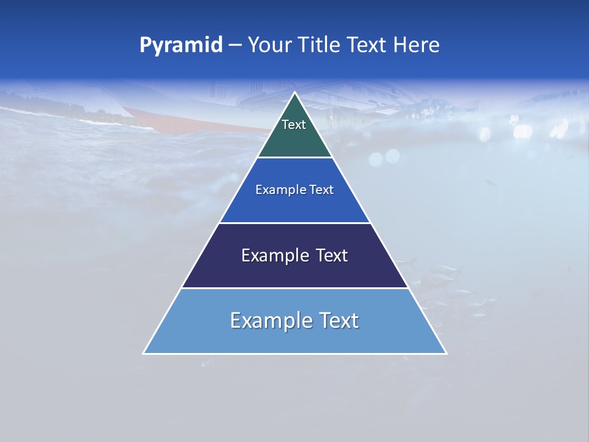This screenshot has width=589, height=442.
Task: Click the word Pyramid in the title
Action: point(181,45)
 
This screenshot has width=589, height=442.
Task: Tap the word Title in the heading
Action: point(323,45)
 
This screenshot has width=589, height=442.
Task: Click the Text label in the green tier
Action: point(294,125)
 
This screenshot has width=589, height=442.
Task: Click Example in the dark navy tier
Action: point(272,255)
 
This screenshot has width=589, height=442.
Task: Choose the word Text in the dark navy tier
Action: point(332,255)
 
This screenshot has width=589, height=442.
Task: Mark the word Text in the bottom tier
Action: point(338,320)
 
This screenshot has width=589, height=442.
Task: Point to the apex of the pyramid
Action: point(294,93)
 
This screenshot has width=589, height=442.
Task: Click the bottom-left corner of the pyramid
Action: point(144,353)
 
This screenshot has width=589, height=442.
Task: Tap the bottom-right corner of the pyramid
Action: point(445,353)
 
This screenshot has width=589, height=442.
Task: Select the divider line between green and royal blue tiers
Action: point(294,158)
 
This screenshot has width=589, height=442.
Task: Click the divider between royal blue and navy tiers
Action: point(294,223)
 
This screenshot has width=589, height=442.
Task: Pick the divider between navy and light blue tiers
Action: point(294,288)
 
